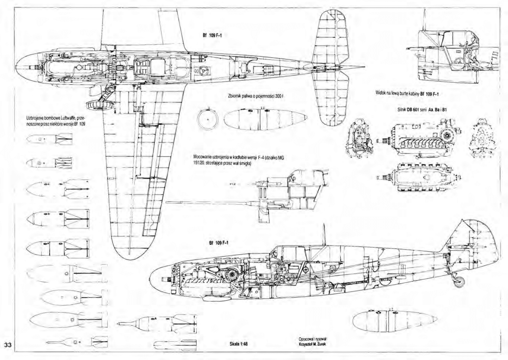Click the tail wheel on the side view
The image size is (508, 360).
pyautogui.click(x=460, y=281)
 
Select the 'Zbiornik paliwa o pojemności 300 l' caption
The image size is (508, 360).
pyautogui.click(x=256, y=95)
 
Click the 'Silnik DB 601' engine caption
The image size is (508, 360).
pyautogui.click(x=422, y=110)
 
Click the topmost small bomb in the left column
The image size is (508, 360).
pyautogui.click(x=49, y=140)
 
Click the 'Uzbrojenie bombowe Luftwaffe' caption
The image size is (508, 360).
pyautogui.click(x=56, y=121)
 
